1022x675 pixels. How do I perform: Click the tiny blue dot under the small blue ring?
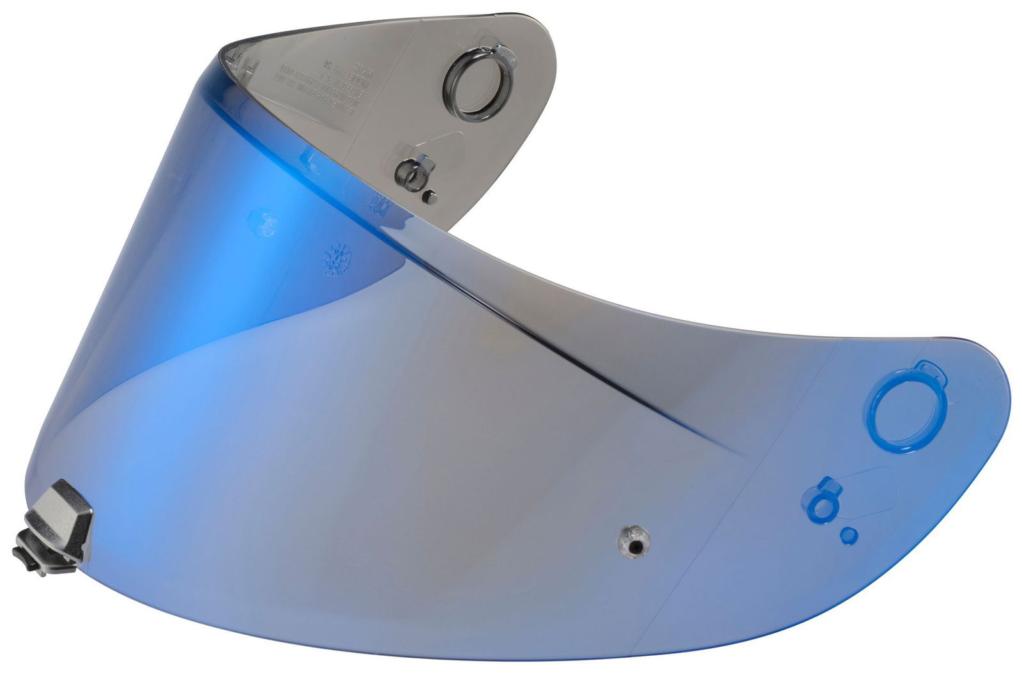point(849,534)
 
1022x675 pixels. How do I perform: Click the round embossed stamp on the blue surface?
point(338,259)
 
